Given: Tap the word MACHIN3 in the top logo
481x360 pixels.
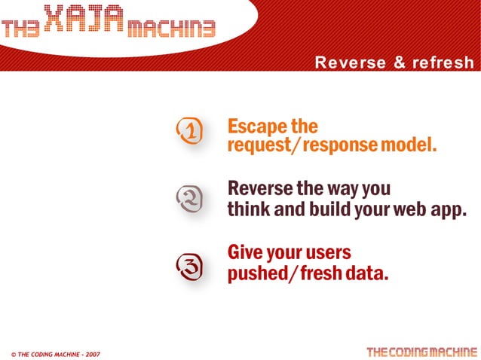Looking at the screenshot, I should pos(172,29).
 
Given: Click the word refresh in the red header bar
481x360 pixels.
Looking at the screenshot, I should pos(443,63).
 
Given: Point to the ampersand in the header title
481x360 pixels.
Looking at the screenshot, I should pos(400,63).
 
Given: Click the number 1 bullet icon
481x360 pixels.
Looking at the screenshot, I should pos(188,133).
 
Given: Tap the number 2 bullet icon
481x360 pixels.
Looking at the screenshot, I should pos(188,199).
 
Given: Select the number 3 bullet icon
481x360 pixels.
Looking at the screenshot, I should pos(188,264).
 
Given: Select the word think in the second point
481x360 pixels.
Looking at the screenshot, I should pos(249,209).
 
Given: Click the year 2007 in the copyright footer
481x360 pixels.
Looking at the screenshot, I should pos(90,353).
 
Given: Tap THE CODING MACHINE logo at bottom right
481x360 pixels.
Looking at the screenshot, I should pos(421,352).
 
